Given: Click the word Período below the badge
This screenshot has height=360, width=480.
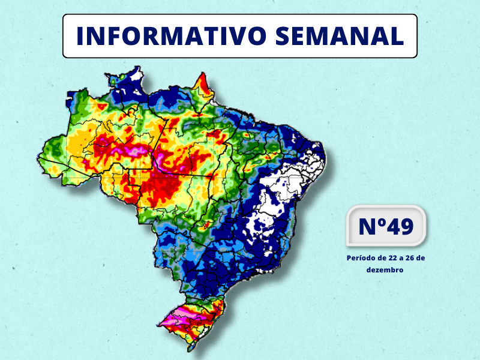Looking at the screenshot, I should pyautogui.click(x=363, y=257).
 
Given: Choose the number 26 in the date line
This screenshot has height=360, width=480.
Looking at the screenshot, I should pyautogui.click(x=412, y=257).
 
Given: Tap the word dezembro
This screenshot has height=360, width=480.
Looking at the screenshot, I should pyautogui.click(x=385, y=270).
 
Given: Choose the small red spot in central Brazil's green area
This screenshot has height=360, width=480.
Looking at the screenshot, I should pyautogui.click(x=206, y=226).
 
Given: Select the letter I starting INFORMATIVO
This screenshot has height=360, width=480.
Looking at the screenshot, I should pyautogui.click(x=80, y=36).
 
